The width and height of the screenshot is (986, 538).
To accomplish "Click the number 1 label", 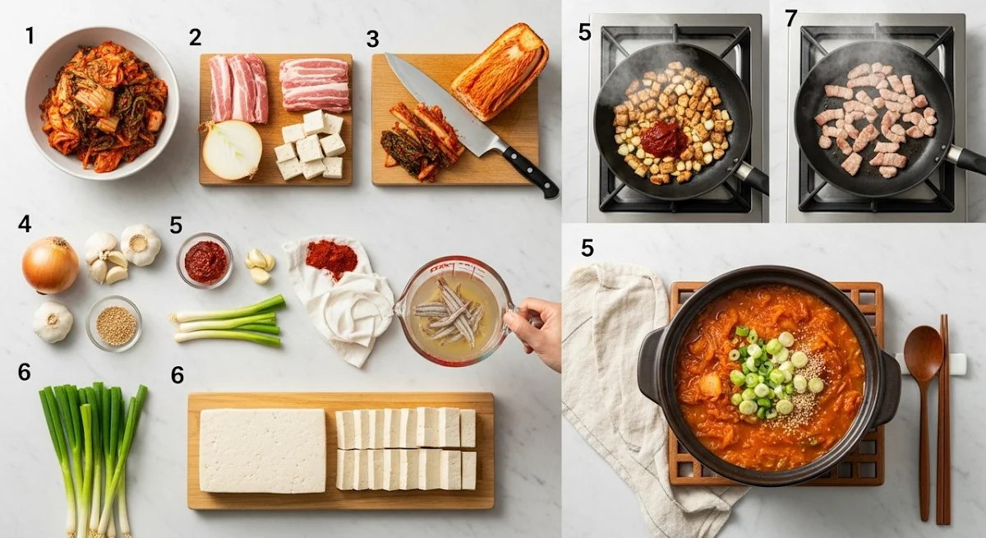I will point(30,35).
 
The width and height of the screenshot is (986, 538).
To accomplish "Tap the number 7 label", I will point(791,18).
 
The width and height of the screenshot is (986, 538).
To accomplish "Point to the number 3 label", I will point(373,39).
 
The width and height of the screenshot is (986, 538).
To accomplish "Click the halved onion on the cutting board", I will point(233,150).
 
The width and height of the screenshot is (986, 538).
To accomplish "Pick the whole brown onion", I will point(50,264).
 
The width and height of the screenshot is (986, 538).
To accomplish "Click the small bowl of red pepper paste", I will point(205,261).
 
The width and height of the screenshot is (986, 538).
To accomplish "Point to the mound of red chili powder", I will point(331,258).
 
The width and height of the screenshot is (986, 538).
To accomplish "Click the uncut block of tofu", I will point(263,450).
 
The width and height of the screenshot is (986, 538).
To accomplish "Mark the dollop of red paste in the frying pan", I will point(663,139).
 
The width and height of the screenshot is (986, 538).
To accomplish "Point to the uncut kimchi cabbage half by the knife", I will point(499,72).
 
